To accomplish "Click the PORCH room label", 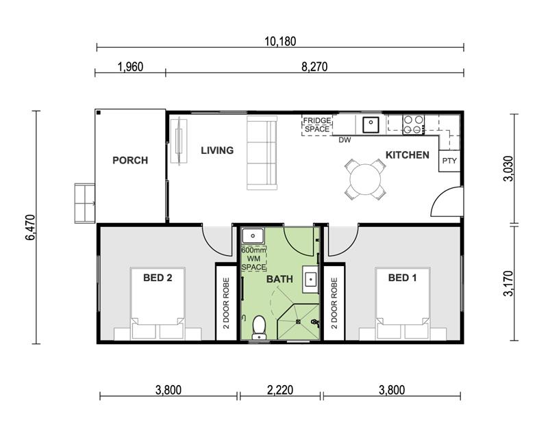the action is (x=130, y=160).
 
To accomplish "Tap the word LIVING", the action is (x=217, y=150).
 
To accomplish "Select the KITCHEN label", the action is (x=407, y=155).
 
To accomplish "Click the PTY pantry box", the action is (x=449, y=161).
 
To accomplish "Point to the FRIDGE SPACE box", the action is (x=317, y=124).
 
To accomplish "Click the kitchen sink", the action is (x=371, y=124).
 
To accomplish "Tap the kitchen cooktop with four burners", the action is (x=414, y=124).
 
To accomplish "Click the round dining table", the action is (x=365, y=179).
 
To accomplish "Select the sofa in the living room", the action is (x=262, y=153).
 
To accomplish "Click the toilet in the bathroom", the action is (x=259, y=327).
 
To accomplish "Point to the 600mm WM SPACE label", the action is (x=253, y=259).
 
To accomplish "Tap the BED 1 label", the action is (x=402, y=278).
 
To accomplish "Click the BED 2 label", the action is (x=158, y=278).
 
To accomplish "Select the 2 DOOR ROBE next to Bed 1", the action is (x=334, y=303).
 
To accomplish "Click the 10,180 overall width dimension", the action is (x=280, y=42).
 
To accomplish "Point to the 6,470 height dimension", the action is (x=30, y=227).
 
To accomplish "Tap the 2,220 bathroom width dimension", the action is (x=280, y=390).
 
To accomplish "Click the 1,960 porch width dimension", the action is (x=130, y=66).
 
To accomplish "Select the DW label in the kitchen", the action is (x=345, y=140).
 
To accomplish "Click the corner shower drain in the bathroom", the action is (x=298, y=322).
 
